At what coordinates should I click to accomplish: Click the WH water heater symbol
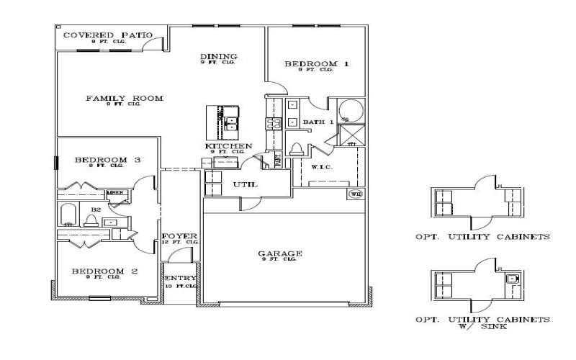click(x=354, y=194)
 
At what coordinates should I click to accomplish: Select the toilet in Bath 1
click(x=297, y=149)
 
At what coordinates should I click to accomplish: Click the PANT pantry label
click(x=278, y=161)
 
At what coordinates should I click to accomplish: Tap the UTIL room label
click(x=245, y=185)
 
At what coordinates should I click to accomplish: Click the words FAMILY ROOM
click(x=124, y=99)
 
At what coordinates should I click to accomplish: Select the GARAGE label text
click(x=279, y=253)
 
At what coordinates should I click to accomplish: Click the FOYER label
click(x=174, y=236)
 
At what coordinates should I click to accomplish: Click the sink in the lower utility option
click(x=515, y=278)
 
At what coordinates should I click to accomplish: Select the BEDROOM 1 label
click(x=316, y=64)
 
